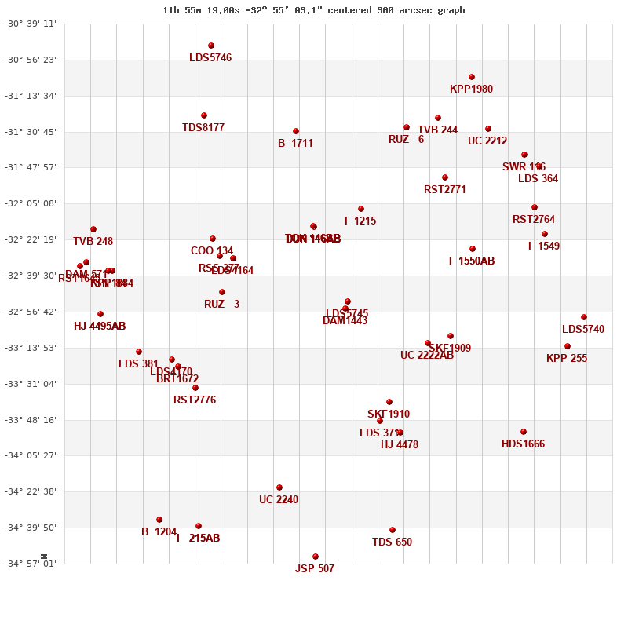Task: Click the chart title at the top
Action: pos(313,10)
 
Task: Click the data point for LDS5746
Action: pos(211,46)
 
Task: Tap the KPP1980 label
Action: pos(472,89)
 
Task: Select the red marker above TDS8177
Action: pos(204,115)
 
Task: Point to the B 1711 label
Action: pos(295,143)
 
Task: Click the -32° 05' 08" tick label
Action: pos(31,203)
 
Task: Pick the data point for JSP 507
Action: pos(316,557)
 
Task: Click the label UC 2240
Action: pos(279,499)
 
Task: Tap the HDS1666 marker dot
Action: pos(524,432)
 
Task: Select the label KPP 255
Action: pos(567,358)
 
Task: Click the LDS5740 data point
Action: pos(584,317)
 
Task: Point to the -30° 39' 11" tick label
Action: pos(31,24)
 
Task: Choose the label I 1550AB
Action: pos(472,261)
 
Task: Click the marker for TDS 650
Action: pos(392,530)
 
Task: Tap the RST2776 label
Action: pos(195,400)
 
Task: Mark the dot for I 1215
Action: pos(361,209)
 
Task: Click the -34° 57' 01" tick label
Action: pos(31,563)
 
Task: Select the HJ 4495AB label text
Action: pos(100,326)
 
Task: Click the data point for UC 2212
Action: pos(488,129)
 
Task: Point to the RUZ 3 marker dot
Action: pos(222,292)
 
